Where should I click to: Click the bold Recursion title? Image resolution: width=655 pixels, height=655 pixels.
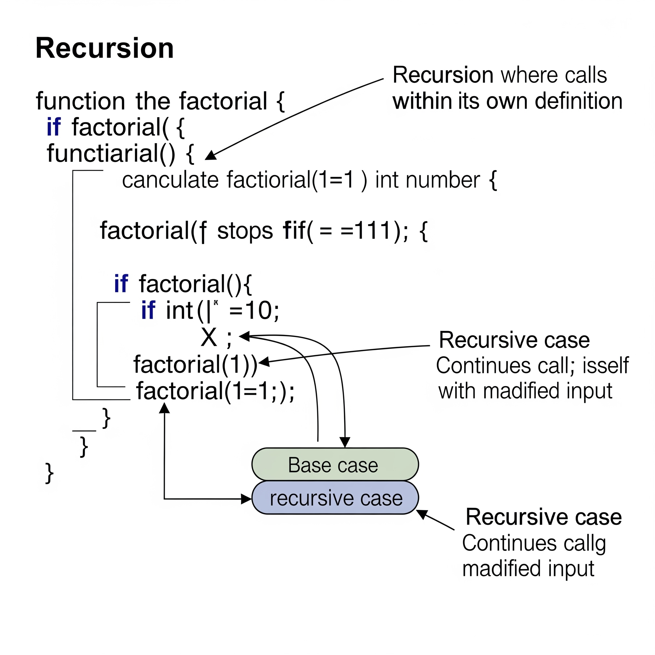pyautogui.click(x=104, y=48)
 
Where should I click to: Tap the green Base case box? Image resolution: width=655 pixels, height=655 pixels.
pyautogui.click(x=335, y=465)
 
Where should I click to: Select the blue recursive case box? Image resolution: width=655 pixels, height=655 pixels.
pyautogui.click(x=335, y=498)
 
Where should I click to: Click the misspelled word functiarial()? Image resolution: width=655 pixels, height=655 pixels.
pyautogui.click(x=111, y=153)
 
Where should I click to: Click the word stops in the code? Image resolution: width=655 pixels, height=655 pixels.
pyautogui.click(x=245, y=231)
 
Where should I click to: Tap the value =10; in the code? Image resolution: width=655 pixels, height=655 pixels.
pyautogui.click(x=254, y=310)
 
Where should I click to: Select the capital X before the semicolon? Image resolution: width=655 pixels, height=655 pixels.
pyautogui.click(x=209, y=338)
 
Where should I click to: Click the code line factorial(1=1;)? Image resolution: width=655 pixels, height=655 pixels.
pyautogui.click(x=215, y=391)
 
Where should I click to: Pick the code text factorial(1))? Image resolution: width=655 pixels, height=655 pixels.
pyautogui.click(x=195, y=365)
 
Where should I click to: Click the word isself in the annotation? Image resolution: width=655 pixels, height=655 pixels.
pyautogui.click(x=605, y=366)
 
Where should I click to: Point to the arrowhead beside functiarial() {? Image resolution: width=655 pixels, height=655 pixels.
pyautogui.click(x=210, y=156)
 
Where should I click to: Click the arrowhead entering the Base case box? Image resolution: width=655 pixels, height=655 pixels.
pyautogui.click(x=345, y=442)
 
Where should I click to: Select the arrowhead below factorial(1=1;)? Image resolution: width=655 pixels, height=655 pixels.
pyautogui.click(x=164, y=408)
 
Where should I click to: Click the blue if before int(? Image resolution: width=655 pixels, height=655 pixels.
pyautogui.click(x=148, y=310)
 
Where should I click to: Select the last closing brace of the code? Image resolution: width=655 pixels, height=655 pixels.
pyautogui.click(x=50, y=473)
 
